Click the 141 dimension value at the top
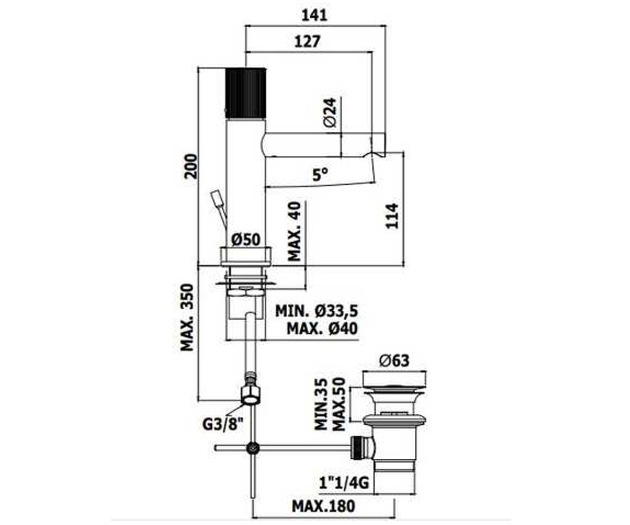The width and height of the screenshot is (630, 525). [314, 15]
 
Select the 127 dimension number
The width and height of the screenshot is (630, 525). [307, 41]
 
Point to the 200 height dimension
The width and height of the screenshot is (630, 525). [191, 166]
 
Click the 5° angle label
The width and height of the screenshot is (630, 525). [320, 174]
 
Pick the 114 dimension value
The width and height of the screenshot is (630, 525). [392, 216]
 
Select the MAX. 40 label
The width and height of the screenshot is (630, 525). [295, 231]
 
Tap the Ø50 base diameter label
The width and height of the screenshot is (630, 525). [246, 240]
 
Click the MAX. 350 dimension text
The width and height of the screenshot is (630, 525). [187, 317]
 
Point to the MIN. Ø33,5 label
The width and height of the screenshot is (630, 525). [317, 311]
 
